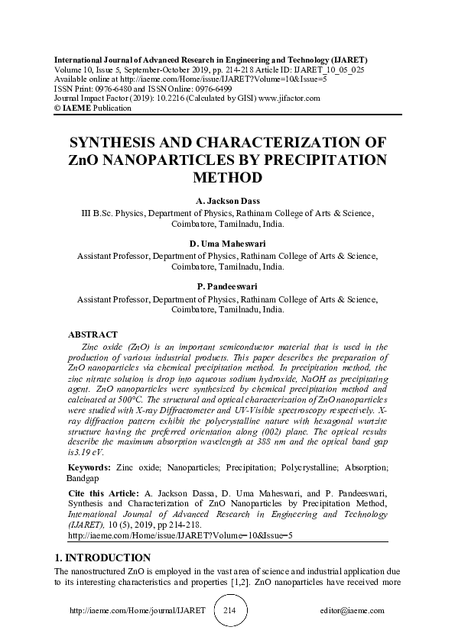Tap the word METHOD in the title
[x=227, y=178]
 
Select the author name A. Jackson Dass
[x=227, y=201]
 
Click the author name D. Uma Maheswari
[x=227, y=244]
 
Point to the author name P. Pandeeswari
[x=227, y=287]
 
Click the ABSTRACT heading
[x=93, y=334]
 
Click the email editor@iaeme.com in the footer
[x=353, y=612]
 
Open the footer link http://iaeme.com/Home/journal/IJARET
[x=138, y=612]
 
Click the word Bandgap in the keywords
[x=83, y=478]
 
